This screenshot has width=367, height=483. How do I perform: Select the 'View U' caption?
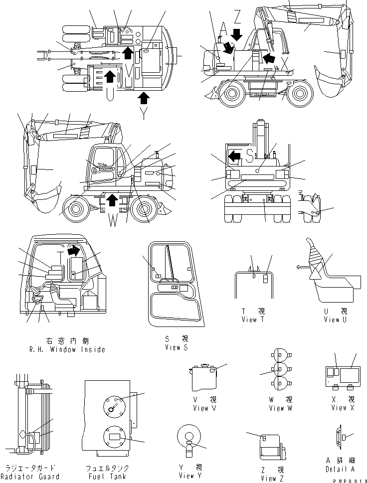point(338,320)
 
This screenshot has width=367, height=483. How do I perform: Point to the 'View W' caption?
point(283,408)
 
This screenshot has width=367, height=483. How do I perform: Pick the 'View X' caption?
point(343,408)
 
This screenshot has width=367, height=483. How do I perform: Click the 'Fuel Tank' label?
point(107,477)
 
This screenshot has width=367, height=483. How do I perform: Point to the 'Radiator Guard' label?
point(30,477)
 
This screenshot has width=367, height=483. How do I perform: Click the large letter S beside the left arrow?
point(250,156)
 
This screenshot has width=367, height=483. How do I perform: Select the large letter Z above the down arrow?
point(237,18)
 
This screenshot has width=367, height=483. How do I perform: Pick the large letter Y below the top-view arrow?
point(144,114)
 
